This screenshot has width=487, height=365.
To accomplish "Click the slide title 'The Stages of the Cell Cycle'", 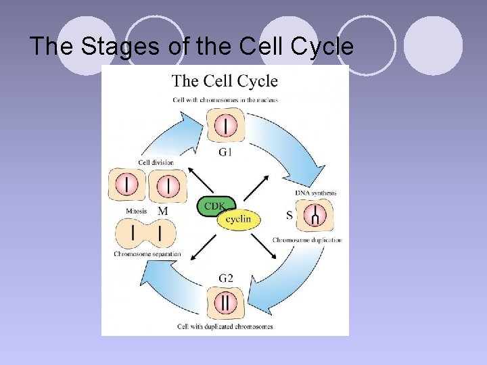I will click(x=191, y=47).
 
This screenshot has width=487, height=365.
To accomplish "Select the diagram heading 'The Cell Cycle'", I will click(x=225, y=81).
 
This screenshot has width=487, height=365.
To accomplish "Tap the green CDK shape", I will click(x=216, y=205).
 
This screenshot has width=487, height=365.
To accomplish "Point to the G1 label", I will click(x=226, y=152).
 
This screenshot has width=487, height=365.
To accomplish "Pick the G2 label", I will click(x=226, y=278).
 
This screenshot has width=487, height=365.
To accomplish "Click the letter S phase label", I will click(x=289, y=216).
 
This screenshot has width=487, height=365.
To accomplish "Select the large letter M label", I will click(x=163, y=212).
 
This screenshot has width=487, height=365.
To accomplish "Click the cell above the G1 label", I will click(x=226, y=126).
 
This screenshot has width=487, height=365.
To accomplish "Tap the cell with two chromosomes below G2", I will click(x=225, y=302).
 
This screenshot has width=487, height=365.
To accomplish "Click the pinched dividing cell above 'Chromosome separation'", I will click(x=145, y=235).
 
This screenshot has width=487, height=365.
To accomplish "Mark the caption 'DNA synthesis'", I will click(x=315, y=193).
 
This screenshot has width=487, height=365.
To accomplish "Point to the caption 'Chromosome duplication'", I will click(x=307, y=240).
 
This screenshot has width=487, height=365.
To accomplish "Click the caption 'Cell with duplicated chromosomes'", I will click(x=225, y=326).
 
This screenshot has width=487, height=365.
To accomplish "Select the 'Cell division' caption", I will click(x=156, y=162).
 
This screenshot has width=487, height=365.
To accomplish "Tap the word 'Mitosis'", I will click(x=137, y=211).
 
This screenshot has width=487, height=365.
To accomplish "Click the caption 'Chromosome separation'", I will click(x=147, y=254).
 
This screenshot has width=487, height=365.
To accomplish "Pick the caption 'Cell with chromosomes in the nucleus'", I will click(x=225, y=100).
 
